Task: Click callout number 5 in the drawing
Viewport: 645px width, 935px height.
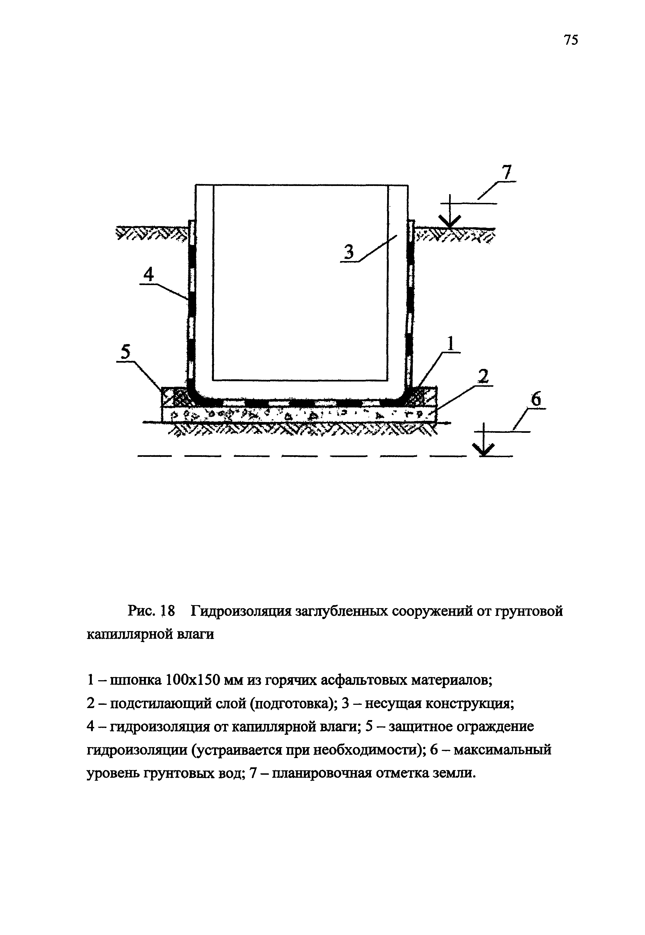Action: (126, 353)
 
